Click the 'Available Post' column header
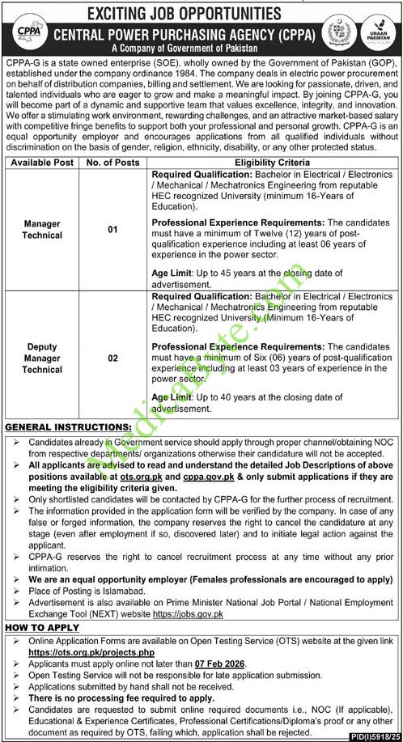(43, 163)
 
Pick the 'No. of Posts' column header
(112, 163)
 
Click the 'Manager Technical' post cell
(43, 229)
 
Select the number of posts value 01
(112, 230)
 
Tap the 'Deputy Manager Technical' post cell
(43, 358)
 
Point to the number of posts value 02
(112, 358)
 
